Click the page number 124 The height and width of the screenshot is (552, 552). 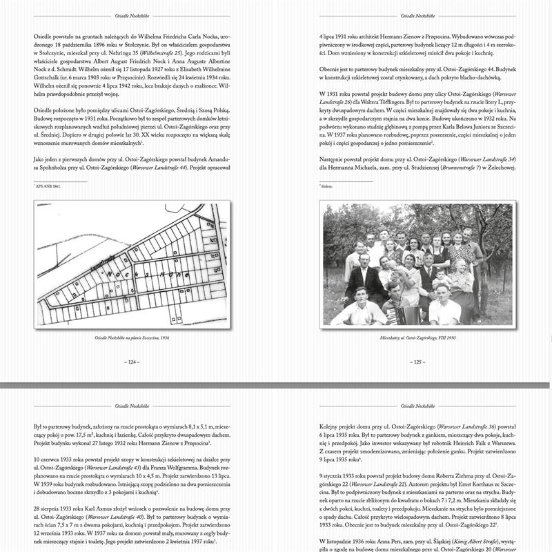coord(130,362)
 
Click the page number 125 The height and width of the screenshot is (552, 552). coord(416,362)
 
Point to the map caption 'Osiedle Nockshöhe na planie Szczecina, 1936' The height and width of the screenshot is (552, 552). coord(130,339)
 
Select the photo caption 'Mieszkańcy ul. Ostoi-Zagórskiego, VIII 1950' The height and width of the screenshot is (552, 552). coord(416,339)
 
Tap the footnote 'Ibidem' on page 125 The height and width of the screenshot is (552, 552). coord(326,186)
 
